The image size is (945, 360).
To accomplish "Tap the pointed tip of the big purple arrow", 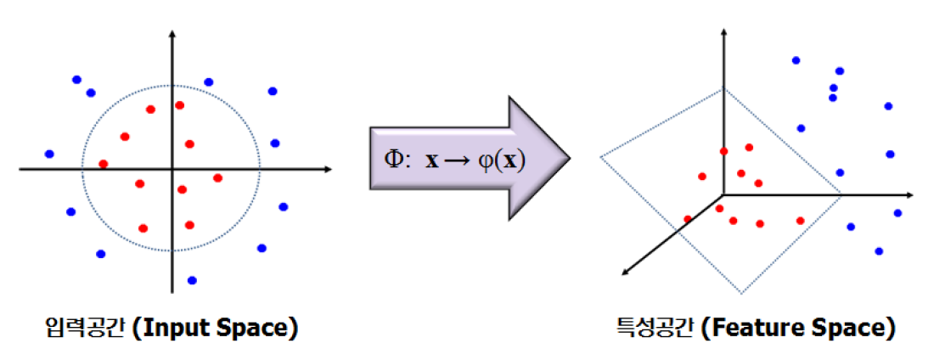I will tap(568, 159).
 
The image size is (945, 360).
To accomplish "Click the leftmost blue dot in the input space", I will tap(49, 154).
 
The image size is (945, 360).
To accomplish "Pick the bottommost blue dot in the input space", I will tap(192, 280).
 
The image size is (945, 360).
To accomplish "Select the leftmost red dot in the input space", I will tap(104, 164).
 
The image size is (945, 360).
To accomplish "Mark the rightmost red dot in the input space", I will tap(217, 177).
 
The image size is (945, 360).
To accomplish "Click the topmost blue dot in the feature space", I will tap(796, 60).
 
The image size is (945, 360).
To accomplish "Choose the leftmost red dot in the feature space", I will tap(687, 219).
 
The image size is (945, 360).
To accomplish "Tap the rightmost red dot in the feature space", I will tap(800, 221).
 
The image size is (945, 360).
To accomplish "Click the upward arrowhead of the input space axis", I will tap(172, 35).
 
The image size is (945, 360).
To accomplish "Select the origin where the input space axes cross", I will tap(172, 170).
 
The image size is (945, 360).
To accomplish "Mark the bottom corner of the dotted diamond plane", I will tap(741, 294).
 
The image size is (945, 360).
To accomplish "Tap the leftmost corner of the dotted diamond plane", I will tap(601, 156).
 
